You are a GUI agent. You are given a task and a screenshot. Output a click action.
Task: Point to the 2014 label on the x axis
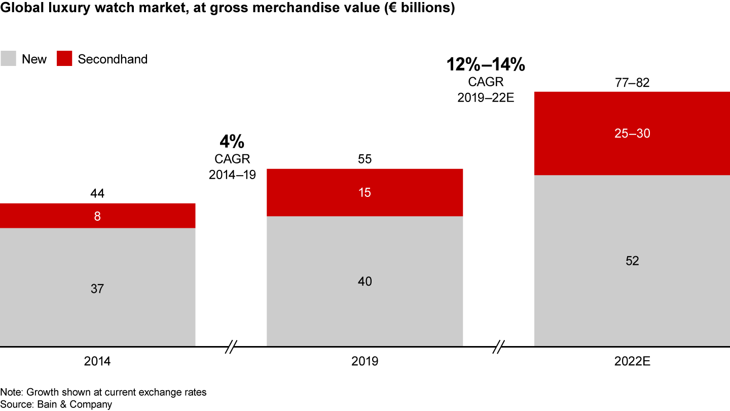tap(97, 362)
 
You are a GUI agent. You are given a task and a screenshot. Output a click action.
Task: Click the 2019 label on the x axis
tap(364, 362)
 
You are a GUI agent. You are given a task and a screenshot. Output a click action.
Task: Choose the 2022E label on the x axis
tap(632, 362)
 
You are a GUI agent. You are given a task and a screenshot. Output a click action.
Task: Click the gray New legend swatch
tap(8, 59)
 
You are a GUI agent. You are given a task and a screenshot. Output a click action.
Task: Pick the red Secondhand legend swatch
tap(64, 59)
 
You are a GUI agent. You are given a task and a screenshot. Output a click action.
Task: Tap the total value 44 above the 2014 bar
tap(97, 193)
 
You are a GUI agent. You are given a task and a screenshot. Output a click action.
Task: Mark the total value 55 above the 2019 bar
tap(364, 159)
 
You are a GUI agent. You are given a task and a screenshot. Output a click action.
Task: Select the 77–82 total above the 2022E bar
tap(632, 82)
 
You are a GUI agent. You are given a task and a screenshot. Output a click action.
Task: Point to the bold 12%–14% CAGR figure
tap(486, 64)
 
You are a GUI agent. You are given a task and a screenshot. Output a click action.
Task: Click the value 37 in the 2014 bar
tap(97, 289)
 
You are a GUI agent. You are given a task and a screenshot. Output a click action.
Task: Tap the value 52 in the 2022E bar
tap(632, 261)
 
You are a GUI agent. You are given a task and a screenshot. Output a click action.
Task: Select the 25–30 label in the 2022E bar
tap(632, 133)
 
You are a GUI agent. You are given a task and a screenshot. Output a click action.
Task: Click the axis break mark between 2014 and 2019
tap(231, 348)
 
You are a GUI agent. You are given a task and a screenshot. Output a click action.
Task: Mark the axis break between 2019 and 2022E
tap(499, 348)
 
